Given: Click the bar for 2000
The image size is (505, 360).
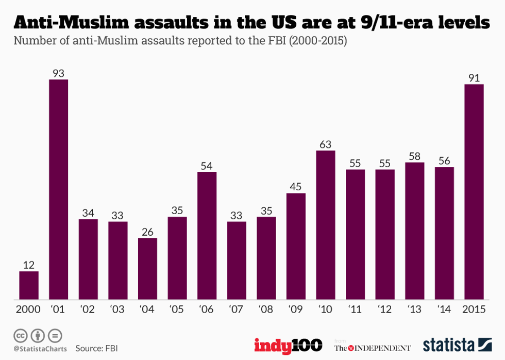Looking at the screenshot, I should (x=29, y=285).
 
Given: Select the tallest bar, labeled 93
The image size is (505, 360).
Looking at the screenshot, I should (x=58, y=189).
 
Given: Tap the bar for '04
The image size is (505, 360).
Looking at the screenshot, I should (x=148, y=269).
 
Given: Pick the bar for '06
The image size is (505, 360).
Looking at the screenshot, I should (x=207, y=236).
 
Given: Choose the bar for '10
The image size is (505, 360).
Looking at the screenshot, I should (x=326, y=225).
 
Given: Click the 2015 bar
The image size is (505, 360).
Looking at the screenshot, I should (x=474, y=192).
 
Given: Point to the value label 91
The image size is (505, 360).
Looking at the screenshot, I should (x=474, y=77).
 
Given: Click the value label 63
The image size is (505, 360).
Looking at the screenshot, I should (x=326, y=144).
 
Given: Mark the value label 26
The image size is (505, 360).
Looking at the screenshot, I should (x=148, y=232).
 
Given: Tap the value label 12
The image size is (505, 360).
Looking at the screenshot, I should (x=29, y=265).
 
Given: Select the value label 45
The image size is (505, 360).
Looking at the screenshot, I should (x=296, y=187).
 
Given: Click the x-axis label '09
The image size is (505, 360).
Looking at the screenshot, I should (x=296, y=309).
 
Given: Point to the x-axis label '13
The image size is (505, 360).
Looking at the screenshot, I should (x=415, y=309).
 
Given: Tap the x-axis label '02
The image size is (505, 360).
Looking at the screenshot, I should (x=88, y=309).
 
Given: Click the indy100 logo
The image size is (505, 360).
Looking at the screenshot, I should (x=288, y=345).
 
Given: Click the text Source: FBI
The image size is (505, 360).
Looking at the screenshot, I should (x=96, y=348).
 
